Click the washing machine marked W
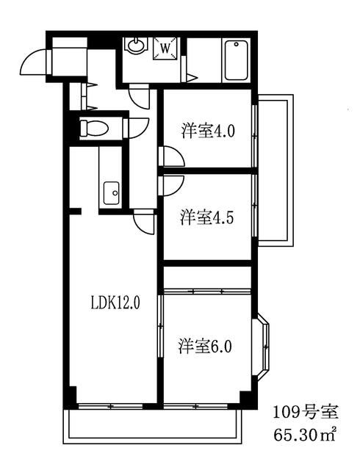coord(165,48)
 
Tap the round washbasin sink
coord(136,46)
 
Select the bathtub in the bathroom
coord(236,60)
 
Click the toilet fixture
coord(94,129)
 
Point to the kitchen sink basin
coord(112,193)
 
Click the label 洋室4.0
coord(208,131)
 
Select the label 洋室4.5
coord(206,217)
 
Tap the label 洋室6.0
coord(205,346)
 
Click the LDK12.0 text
coord(115,303)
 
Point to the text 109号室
coord(305,412)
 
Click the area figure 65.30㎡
coord(304,435)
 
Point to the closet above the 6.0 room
coord(207,278)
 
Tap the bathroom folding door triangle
coord(191,77)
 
